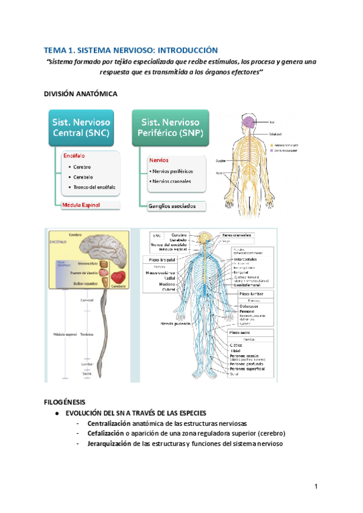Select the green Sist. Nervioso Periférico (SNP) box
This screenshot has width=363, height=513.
click(171, 127)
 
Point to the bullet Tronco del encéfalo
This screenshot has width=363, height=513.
click(95, 187)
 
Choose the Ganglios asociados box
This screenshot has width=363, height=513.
click(172, 206)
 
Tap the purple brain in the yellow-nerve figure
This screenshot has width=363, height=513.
click(250, 123)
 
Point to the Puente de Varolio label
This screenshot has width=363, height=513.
click(84, 273)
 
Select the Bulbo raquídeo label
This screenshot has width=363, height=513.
click(85, 282)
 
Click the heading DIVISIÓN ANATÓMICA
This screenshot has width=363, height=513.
click(77, 95)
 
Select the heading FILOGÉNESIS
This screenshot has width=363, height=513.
click(65, 402)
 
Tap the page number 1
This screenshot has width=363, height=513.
click(316, 487)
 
